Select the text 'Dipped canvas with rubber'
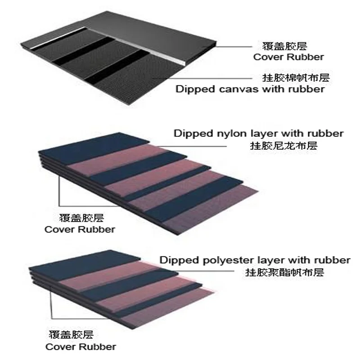click(250, 89)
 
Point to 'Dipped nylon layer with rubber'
click(259, 133)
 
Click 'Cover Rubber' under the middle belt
click(80, 229)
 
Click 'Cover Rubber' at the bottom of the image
click(81, 346)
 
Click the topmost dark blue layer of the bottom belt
click(90, 261)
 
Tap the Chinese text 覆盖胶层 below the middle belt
click(80, 218)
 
